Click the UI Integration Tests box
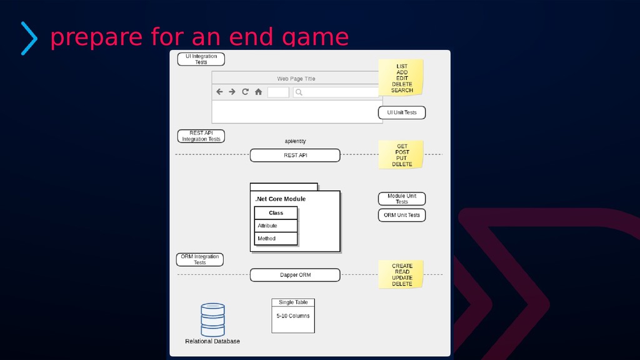(x=201, y=59)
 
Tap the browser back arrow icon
(x=219, y=92)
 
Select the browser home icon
(x=258, y=92)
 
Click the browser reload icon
(x=245, y=92)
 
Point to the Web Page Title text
(x=296, y=79)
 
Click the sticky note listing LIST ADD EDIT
(x=401, y=78)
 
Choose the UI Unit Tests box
(x=401, y=112)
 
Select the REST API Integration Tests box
(x=201, y=136)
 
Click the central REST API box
(x=295, y=155)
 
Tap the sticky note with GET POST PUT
(x=401, y=155)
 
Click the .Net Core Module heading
(x=281, y=199)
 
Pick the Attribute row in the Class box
(x=276, y=226)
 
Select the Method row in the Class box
(x=276, y=239)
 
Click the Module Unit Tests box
(x=401, y=199)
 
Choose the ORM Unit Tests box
(x=401, y=215)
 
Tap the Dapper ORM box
(x=295, y=275)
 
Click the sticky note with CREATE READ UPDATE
(x=401, y=275)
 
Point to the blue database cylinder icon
(x=212, y=320)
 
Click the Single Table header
(x=293, y=302)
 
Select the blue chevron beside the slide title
(x=29, y=38)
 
